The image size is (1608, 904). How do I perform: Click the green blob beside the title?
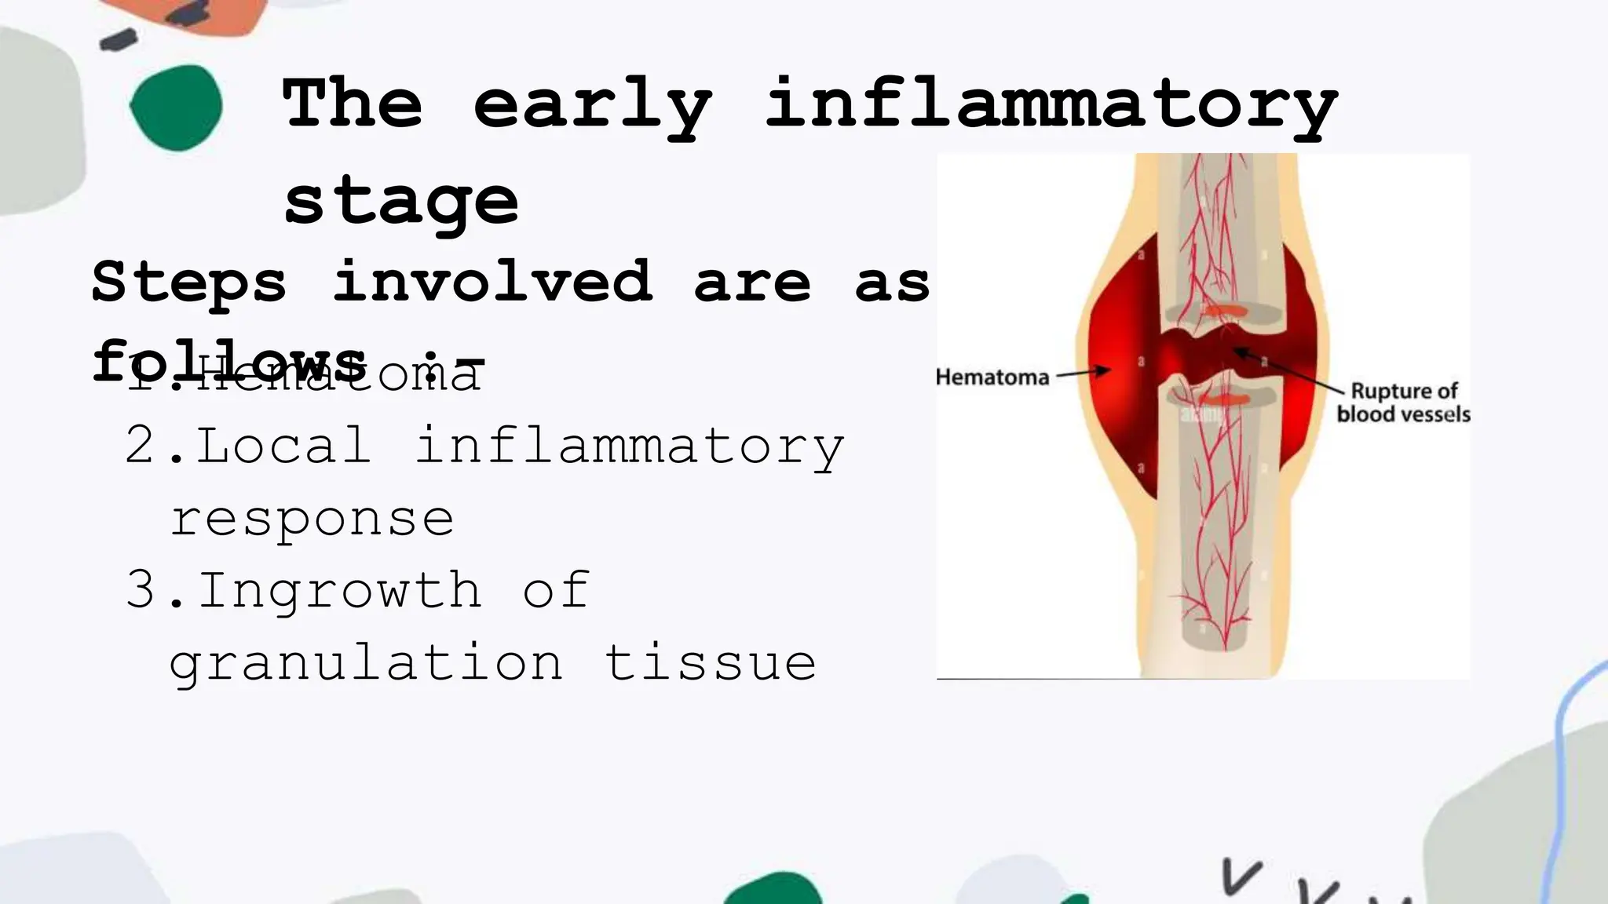tap(176, 108)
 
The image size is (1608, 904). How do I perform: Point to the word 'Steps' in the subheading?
tap(189, 282)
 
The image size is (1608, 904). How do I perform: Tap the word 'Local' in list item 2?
tap(283, 446)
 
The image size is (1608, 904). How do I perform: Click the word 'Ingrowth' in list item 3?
tap(339, 591)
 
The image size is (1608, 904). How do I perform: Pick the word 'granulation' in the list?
tap(366, 664)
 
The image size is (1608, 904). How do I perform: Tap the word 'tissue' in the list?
tap(711, 662)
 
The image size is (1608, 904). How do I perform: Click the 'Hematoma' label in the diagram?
tap(992, 377)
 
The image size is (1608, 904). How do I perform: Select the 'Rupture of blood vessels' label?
tap(1403, 403)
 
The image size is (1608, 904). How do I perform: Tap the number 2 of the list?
tap(141, 446)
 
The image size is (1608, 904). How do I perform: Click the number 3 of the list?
tap(141, 591)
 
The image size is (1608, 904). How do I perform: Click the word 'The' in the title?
tap(353, 105)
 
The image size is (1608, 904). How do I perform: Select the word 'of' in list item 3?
tap(556, 591)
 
